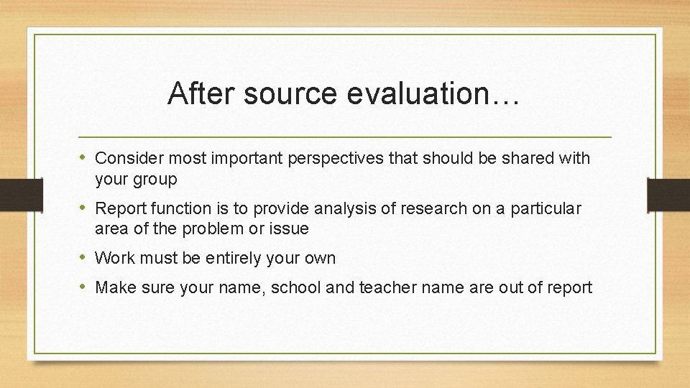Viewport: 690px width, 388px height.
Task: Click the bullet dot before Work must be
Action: click(x=84, y=258)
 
